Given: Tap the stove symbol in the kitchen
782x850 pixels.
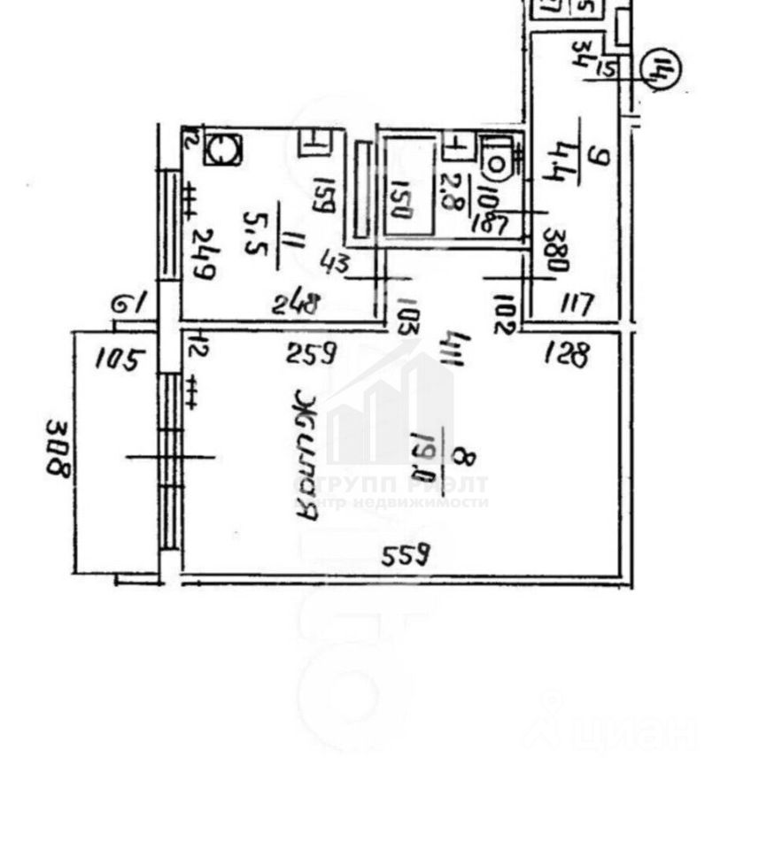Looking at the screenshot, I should [221, 148].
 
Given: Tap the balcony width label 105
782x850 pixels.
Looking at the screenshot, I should [120, 360].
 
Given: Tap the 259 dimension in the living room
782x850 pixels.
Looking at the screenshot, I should [311, 356].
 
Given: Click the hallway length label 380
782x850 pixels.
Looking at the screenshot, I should [557, 251].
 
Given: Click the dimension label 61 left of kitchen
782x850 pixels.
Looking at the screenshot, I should [129, 304].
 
